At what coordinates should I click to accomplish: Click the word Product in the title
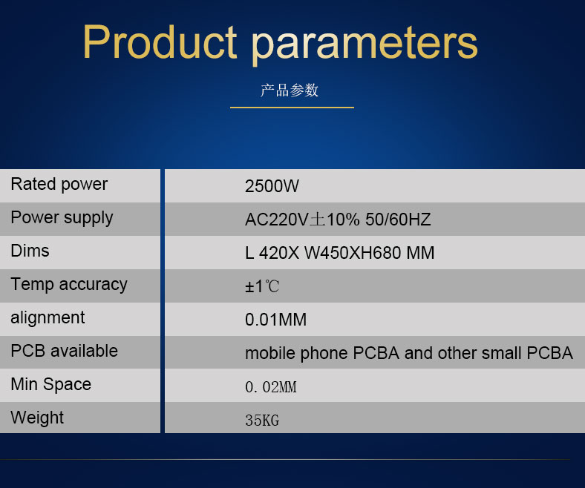tap(160, 42)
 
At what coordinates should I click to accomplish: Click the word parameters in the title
tap(365, 44)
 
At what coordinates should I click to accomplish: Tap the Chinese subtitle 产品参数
tap(290, 90)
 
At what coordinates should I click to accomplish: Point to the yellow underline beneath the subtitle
tap(292, 108)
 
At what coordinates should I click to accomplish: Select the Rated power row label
tap(59, 185)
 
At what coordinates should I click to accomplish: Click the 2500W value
tap(272, 186)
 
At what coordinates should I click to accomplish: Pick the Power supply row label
tap(62, 218)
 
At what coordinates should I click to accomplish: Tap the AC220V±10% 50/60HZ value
tap(338, 220)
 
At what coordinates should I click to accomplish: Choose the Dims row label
tap(30, 251)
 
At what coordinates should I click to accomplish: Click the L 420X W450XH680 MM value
tap(340, 253)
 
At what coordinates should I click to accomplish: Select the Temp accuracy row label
tap(69, 285)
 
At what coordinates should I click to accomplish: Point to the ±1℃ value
tap(262, 287)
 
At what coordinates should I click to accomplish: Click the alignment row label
tap(48, 318)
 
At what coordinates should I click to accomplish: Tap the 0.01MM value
tap(275, 320)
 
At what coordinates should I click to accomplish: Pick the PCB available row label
tap(64, 351)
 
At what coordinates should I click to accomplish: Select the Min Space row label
tap(50, 384)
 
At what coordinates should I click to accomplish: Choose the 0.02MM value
tap(271, 387)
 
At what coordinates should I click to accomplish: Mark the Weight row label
tap(37, 418)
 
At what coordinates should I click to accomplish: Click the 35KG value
tap(262, 421)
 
